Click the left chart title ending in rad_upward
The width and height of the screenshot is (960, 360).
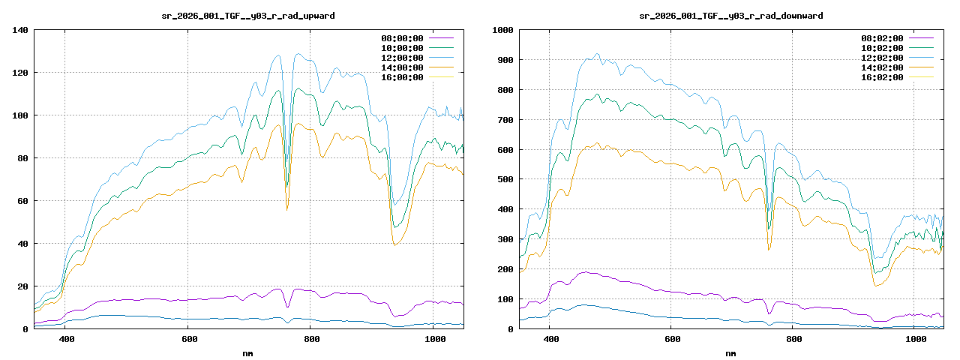coord(248,15)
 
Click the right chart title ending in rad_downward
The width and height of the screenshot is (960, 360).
coord(730,15)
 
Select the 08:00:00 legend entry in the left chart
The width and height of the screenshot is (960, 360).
coord(402,38)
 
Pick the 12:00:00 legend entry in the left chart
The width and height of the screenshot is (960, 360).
coord(402,58)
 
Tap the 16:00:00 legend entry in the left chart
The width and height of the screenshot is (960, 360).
coord(402,77)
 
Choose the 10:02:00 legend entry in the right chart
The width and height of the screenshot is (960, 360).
coord(884,48)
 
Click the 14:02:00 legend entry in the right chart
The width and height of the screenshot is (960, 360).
coord(884,67)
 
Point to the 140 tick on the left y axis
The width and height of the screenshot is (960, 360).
coord(20,30)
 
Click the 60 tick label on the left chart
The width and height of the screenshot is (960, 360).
coord(22,201)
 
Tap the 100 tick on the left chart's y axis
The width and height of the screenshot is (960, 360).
coord(20,115)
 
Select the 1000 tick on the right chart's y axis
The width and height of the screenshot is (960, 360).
coord(502,30)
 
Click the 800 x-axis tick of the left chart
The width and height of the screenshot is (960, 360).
coord(312,340)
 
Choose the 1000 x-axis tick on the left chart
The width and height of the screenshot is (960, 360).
coord(435,340)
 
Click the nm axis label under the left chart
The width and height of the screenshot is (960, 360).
coord(248,353)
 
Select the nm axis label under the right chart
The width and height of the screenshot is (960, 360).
coord(730,353)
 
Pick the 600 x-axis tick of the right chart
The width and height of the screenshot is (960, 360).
coord(672,340)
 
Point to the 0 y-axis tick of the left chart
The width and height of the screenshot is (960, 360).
coord(25,329)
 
